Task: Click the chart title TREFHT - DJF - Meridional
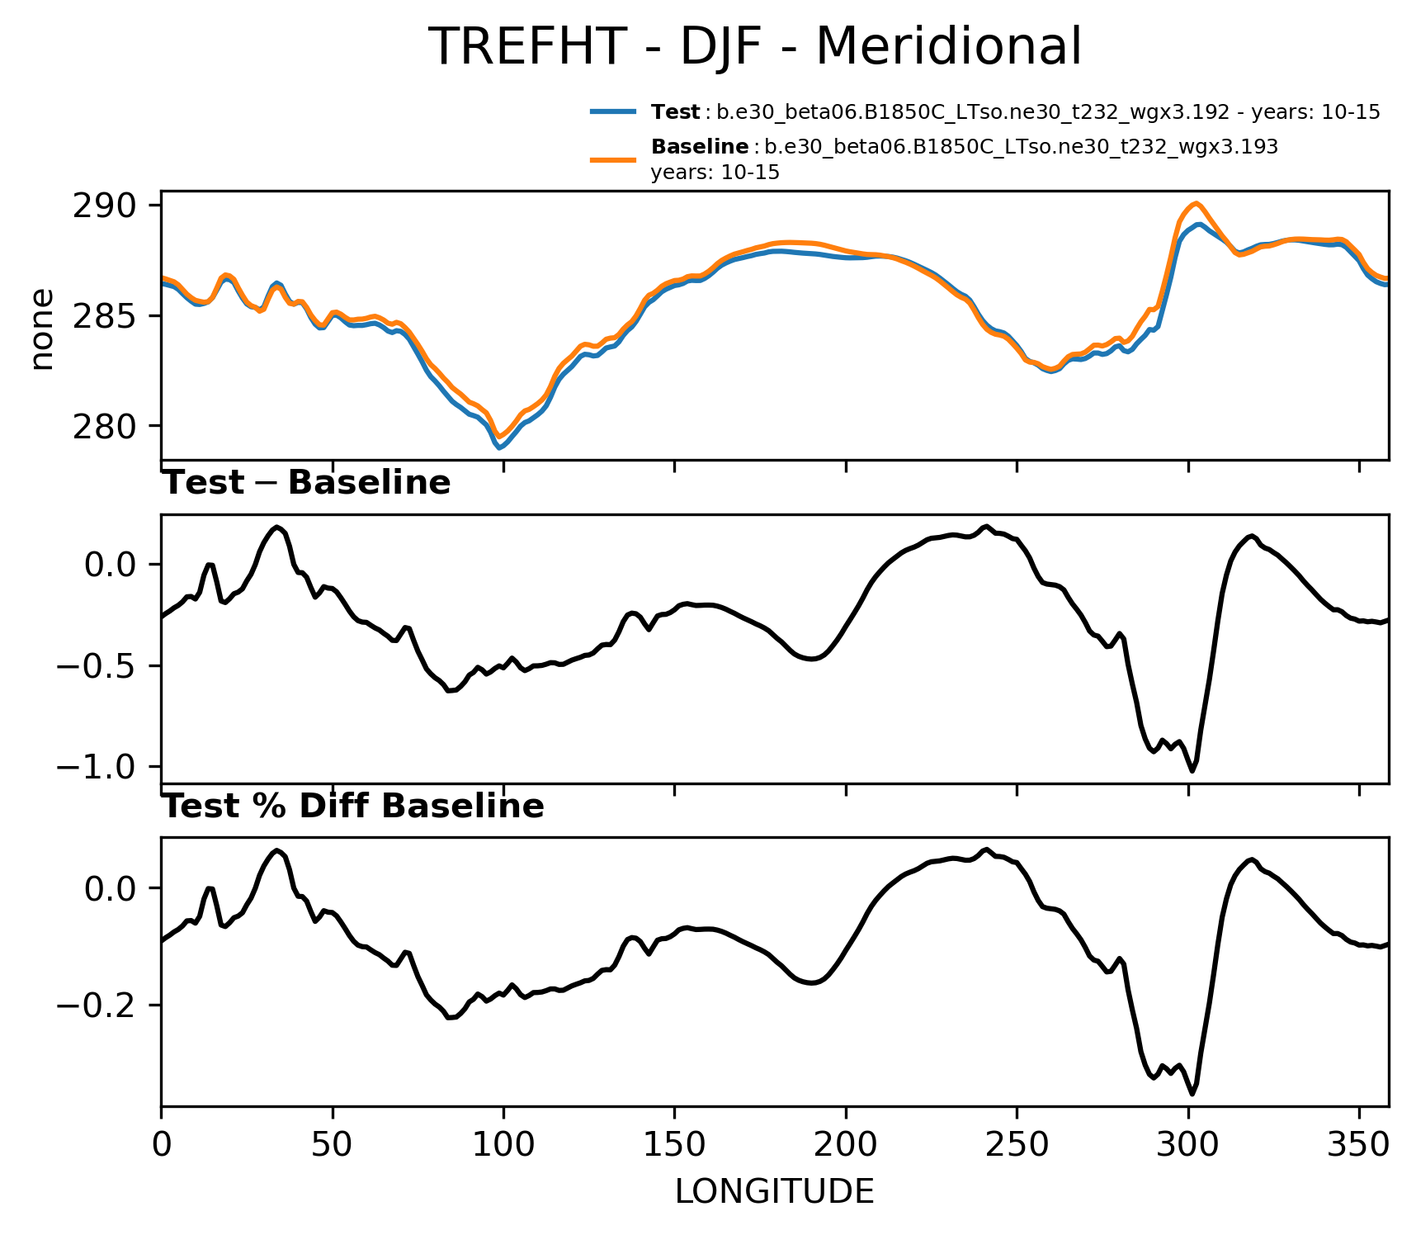coord(754,46)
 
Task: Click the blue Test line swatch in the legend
coord(613,111)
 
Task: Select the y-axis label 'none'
coord(41,329)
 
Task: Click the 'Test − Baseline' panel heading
coord(306,483)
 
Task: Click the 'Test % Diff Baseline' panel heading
coord(353,807)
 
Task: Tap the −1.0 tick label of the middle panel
coord(97,768)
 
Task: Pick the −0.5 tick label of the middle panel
coord(97,666)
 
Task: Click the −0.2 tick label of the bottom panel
coord(97,1005)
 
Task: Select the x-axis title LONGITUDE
coord(774,1191)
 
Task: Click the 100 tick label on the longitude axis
coord(503,1145)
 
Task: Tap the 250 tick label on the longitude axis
coord(1017,1145)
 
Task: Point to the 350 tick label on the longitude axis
coord(1359,1145)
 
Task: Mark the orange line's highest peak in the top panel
coord(1197,203)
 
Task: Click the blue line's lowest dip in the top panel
coord(500,447)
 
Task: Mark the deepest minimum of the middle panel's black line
coord(1192,771)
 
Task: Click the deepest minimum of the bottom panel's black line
coord(1192,1094)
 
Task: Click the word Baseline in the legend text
coord(700,147)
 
